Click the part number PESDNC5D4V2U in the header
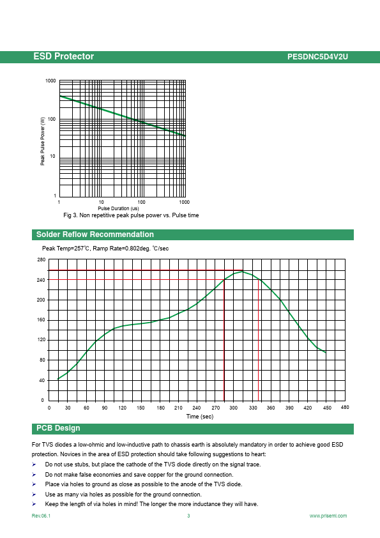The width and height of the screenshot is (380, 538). click(x=317, y=57)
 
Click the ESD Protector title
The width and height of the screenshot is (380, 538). click(x=63, y=56)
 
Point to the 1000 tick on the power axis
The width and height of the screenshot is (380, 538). click(x=50, y=81)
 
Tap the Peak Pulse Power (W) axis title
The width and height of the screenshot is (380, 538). click(x=43, y=141)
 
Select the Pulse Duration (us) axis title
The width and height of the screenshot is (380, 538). click(x=118, y=208)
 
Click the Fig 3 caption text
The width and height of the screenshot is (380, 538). click(x=131, y=215)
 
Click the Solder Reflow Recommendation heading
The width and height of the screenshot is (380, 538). click(x=95, y=234)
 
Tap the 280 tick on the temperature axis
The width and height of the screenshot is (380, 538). click(x=41, y=260)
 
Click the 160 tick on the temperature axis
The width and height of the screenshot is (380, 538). click(x=41, y=319)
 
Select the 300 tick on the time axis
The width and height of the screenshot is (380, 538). click(x=234, y=408)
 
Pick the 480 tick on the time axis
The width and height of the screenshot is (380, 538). click(x=345, y=407)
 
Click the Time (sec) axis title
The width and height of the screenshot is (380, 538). click(x=200, y=417)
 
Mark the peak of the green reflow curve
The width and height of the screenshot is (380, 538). click(x=243, y=272)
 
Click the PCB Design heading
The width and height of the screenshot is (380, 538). click(x=58, y=428)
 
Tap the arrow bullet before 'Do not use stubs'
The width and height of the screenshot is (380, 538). click(x=34, y=465)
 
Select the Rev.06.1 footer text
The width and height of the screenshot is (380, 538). click(x=41, y=516)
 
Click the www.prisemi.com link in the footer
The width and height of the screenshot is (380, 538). click(x=328, y=516)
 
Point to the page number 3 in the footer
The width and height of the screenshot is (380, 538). click(x=188, y=516)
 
